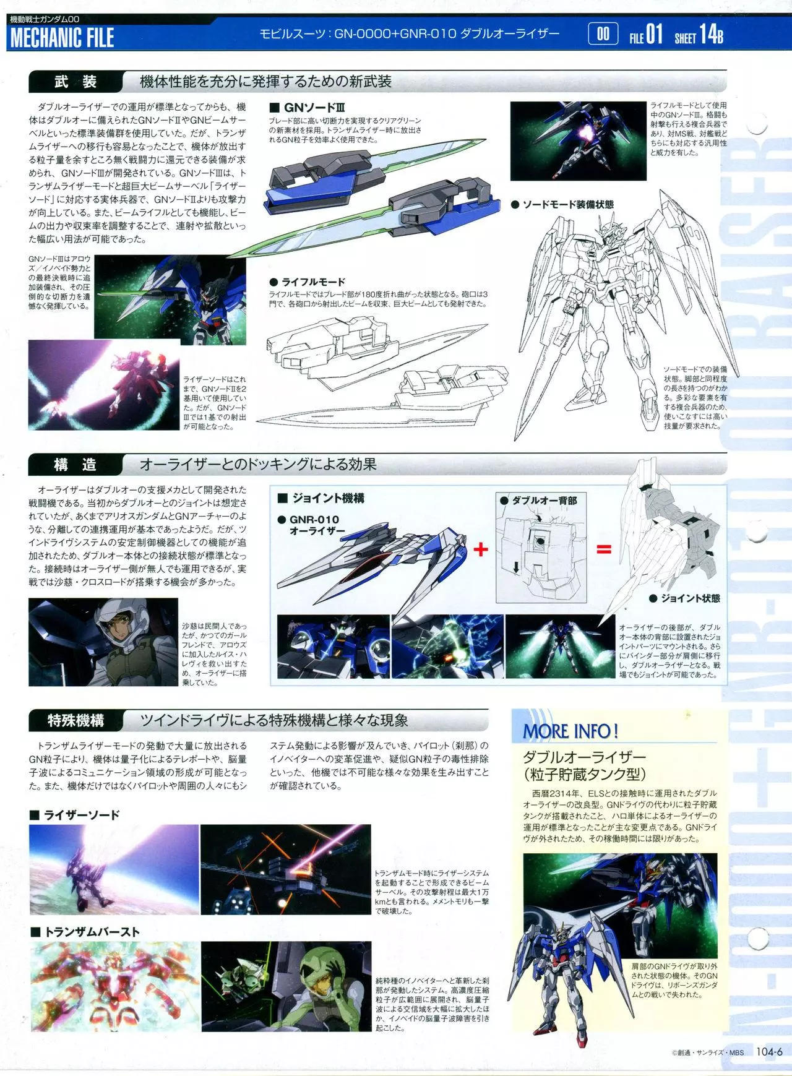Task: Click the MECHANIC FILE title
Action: [x=62, y=38]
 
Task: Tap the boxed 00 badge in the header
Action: [x=603, y=35]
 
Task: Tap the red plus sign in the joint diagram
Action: [x=481, y=549]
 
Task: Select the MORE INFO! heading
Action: [x=570, y=731]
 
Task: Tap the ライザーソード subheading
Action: [x=74, y=815]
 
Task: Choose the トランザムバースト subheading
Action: [x=85, y=932]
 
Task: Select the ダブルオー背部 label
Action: [x=538, y=500]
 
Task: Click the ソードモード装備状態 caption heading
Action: [x=562, y=204]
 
